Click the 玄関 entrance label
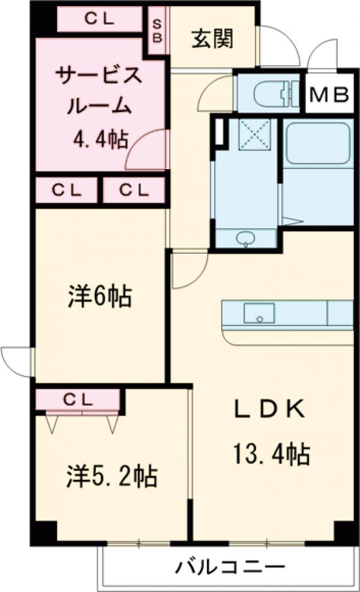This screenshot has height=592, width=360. (x=212, y=40)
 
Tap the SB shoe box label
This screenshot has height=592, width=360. (x=158, y=29)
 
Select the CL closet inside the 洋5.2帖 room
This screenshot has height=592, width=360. (x=78, y=398)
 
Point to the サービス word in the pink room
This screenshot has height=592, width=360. (x=99, y=76)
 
